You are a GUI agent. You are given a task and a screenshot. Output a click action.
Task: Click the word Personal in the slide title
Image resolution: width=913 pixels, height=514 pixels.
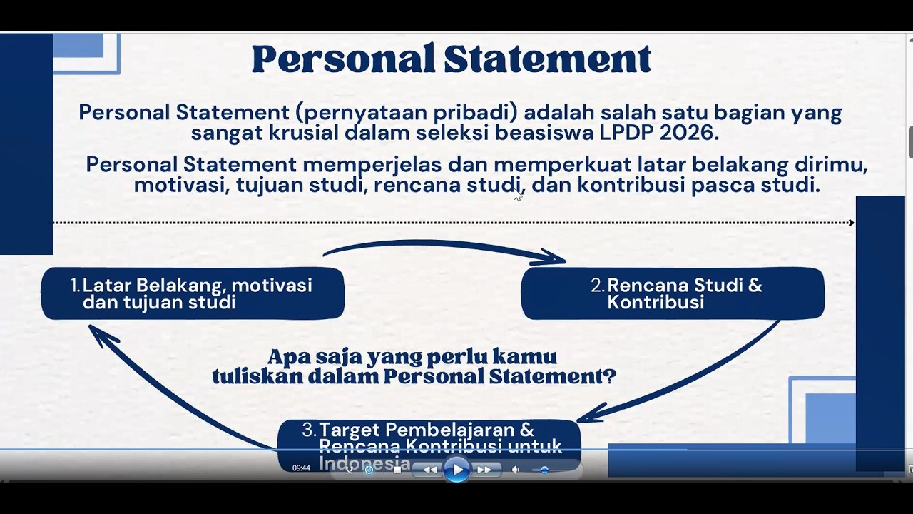click(342, 59)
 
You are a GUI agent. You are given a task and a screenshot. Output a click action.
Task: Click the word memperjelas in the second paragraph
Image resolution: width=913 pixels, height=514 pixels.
click(372, 165)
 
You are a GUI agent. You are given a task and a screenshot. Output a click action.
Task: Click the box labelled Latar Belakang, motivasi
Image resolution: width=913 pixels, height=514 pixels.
click(193, 293)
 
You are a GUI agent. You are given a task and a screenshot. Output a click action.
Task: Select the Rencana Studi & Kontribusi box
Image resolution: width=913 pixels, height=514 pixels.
click(673, 293)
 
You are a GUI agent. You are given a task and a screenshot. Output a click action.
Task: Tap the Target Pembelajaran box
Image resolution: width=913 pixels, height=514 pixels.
click(428, 437)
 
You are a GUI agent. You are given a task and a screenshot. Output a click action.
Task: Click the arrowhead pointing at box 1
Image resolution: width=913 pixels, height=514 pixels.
click(101, 336)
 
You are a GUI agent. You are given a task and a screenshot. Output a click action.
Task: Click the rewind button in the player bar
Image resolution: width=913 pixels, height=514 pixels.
click(430, 470)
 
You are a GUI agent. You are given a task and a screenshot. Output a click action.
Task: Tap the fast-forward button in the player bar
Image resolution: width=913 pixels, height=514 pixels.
click(484, 470)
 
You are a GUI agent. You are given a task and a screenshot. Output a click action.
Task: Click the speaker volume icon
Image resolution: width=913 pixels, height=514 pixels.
click(516, 470)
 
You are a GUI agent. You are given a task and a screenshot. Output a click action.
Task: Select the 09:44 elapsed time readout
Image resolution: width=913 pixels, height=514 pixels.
click(301, 468)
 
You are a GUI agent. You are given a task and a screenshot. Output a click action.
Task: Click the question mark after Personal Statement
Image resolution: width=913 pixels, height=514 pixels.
click(609, 376)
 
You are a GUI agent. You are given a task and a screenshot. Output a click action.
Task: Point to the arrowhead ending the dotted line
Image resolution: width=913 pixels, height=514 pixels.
click(851, 223)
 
